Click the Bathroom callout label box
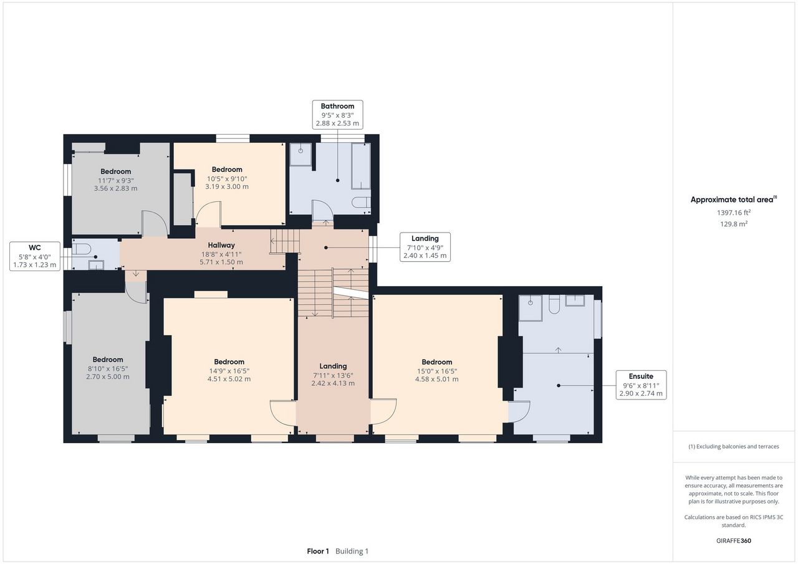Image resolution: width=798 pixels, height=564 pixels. pos(338,115)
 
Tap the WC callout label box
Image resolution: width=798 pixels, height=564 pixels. pos(35,256)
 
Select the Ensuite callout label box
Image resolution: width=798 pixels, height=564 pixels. pos(642,385)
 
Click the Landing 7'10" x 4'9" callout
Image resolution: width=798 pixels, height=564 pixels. pos(425,247)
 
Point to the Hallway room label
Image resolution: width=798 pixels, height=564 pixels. pos(221,245)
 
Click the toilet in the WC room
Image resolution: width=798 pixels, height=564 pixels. pos(81,249)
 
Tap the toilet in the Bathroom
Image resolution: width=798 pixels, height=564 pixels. pos(361,203)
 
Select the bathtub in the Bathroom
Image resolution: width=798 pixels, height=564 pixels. pos(361,166)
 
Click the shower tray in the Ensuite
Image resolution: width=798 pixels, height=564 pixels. pos(531,308)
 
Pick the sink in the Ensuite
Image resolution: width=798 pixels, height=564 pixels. pos(575,300)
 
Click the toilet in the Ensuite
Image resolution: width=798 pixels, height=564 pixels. pos(554,304)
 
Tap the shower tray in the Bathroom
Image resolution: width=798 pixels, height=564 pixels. pos(301,155)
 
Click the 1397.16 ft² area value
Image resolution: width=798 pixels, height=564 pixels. pos(734,213)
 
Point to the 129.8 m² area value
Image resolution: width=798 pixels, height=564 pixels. pos(734,224)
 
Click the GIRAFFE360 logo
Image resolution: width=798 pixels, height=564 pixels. pos(734,540)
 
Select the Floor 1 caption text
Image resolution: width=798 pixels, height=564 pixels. pos(318,551)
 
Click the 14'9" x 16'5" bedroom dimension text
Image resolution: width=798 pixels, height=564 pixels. pos(229,371)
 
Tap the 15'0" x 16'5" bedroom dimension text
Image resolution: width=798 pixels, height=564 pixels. pos(437,371)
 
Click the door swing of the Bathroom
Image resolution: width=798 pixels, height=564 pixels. pos(322,211)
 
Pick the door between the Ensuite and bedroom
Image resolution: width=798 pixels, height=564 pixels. pos(519,411)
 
